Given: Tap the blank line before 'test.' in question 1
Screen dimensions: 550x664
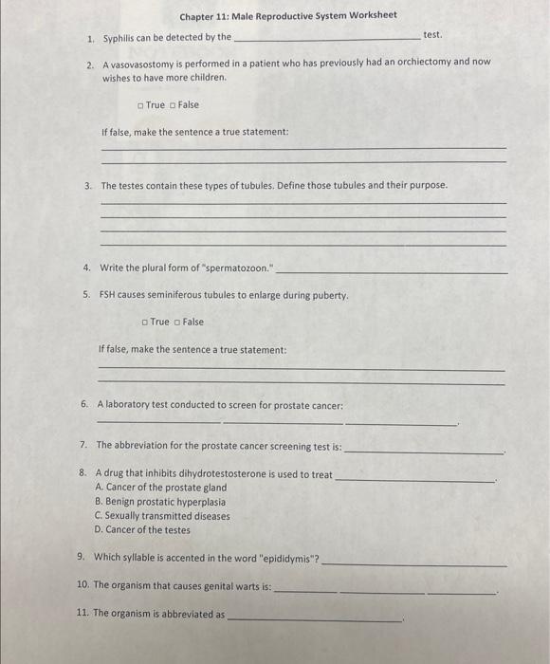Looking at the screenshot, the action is click(326, 38).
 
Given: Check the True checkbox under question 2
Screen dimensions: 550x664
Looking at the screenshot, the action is click(140, 105).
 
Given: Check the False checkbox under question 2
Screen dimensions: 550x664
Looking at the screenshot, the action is click(173, 105).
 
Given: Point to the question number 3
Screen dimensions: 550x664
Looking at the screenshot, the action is click(87, 186).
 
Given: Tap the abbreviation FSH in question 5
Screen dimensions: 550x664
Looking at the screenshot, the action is click(108, 295).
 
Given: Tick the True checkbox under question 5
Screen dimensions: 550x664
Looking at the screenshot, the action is click(144, 323).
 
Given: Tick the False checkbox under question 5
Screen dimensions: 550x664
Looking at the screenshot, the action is click(176, 323).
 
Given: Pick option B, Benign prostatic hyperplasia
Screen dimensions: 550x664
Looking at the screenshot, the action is click(160, 502).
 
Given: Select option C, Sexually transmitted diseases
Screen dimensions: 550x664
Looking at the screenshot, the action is click(162, 516).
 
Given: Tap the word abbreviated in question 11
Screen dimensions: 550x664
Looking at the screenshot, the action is click(192, 615).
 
